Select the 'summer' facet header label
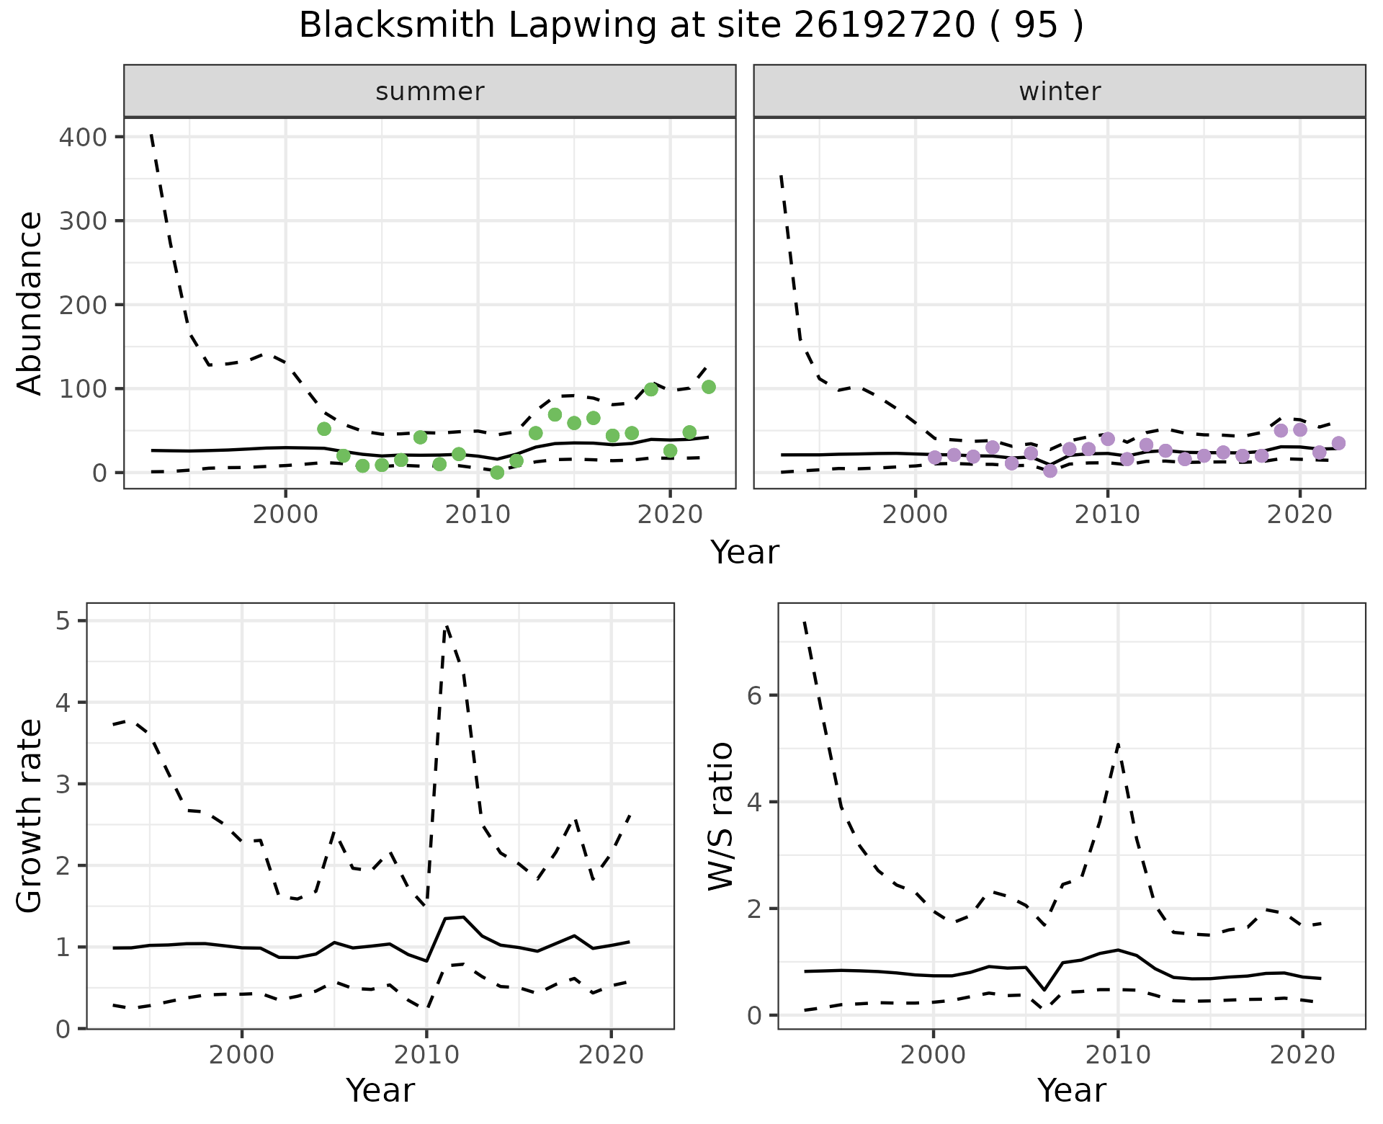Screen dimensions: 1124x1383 pos(429,92)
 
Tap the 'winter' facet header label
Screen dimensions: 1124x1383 pos(1059,92)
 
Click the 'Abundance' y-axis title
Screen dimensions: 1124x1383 pos(30,303)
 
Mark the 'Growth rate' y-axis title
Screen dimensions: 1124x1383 pos(30,816)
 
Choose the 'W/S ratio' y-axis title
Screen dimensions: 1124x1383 pos(720,816)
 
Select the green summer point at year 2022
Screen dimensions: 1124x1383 pos(708,387)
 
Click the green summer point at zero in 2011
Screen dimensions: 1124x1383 pos(497,473)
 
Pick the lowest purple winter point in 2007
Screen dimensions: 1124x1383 pos(1050,470)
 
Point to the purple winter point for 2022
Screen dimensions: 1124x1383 pos(1338,443)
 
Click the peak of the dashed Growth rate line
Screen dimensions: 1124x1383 pos(447,625)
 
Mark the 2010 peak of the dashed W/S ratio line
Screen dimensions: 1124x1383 pos(1117,744)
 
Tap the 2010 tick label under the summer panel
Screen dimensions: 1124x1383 pos(478,515)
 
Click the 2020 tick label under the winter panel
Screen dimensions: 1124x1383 pos(1299,515)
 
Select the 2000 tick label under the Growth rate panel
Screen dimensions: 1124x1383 pos(241,1056)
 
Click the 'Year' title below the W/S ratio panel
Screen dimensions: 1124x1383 pos(1071,1090)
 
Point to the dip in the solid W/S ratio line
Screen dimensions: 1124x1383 pos(1044,990)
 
